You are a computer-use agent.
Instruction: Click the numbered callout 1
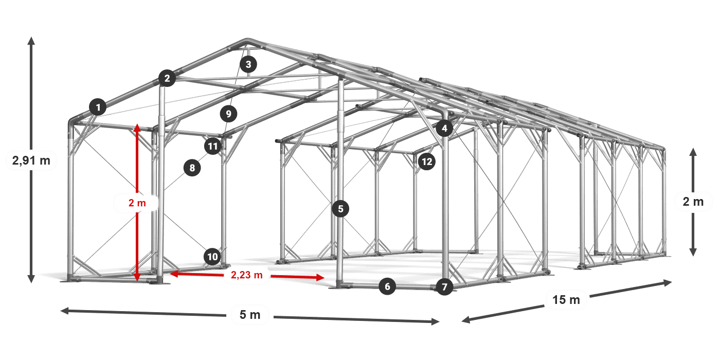tap(98, 107)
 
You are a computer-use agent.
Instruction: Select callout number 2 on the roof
tap(167, 78)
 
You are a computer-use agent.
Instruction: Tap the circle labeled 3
tap(248, 64)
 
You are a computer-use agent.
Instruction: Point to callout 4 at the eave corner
tap(444, 128)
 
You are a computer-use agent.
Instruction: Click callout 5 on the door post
tap(340, 209)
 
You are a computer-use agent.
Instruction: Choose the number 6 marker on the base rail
tap(387, 286)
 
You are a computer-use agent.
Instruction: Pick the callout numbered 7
tap(444, 287)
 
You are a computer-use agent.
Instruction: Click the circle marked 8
tap(192, 168)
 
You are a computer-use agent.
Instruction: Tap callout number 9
tap(228, 114)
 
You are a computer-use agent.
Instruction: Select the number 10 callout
tap(212, 257)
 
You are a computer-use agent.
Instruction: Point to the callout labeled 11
tap(213, 146)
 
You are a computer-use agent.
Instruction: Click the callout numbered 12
tap(427, 161)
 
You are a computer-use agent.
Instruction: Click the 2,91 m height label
tap(31, 160)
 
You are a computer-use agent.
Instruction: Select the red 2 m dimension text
tap(137, 203)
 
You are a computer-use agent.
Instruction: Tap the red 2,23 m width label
tap(247, 275)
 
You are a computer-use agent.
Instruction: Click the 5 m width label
tap(250, 315)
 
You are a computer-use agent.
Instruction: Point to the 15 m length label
tap(566, 299)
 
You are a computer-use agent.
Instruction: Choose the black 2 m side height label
tap(693, 202)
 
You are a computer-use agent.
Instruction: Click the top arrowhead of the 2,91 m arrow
tap(31, 41)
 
